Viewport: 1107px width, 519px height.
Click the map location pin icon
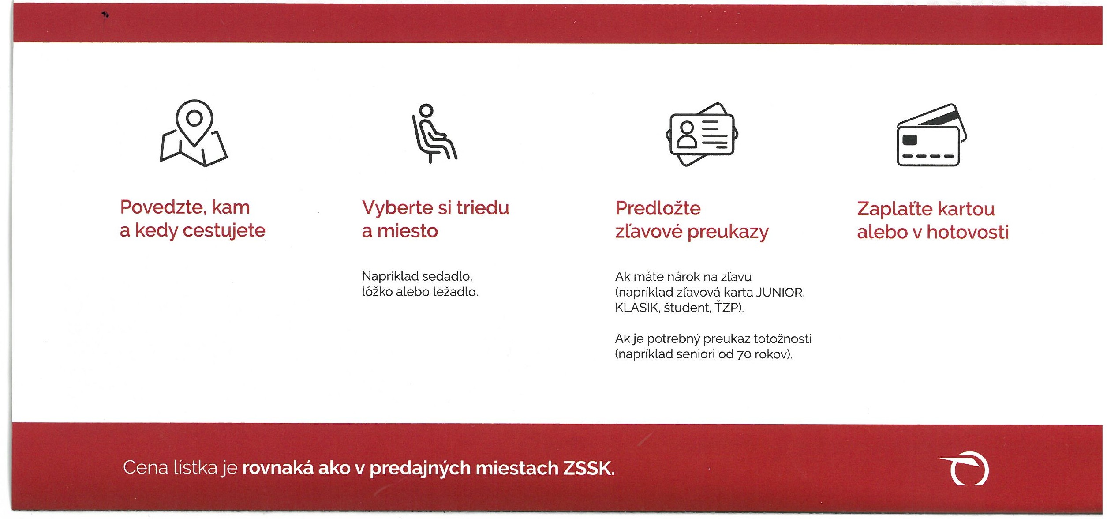pos(194,133)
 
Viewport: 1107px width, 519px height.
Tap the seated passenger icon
pos(434,133)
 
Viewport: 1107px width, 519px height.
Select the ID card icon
pos(702,134)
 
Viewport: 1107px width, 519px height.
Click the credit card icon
pos(932,135)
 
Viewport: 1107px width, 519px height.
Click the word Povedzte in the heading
pos(161,207)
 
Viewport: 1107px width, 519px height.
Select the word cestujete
pos(224,231)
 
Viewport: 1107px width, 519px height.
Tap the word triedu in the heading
pos(483,208)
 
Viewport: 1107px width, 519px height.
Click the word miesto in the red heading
pos(408,231)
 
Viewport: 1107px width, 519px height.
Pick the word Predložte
pos(658,208)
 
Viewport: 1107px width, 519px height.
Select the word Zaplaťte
pos(897,209)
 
